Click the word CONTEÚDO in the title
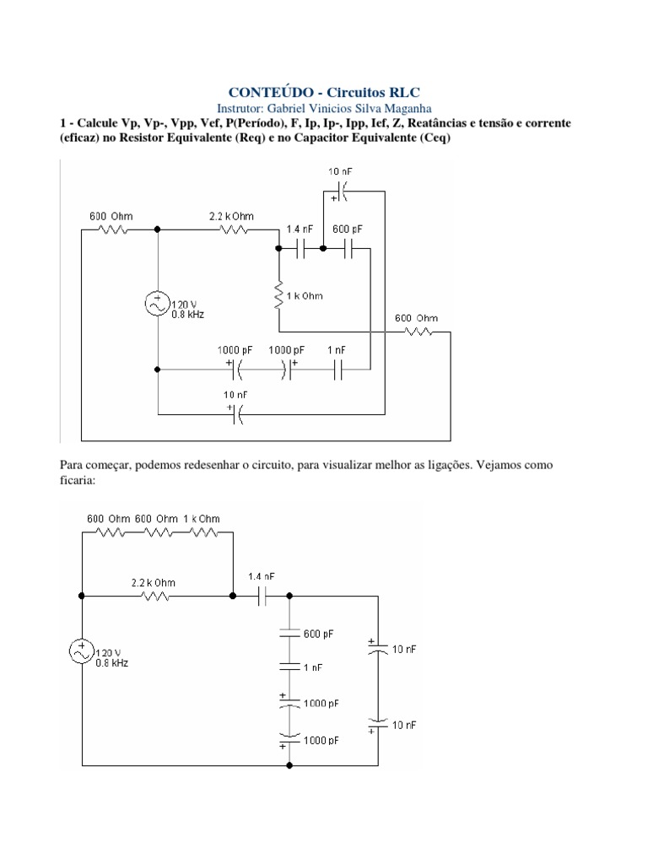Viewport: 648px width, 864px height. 264,92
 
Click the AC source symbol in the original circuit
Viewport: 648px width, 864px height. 158,305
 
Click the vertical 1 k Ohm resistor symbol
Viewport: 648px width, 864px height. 278,297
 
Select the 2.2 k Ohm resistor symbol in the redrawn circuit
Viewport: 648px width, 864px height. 156,596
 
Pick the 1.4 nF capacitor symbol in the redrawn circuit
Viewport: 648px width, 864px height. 262,596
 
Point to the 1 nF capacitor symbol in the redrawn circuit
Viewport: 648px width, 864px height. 290,667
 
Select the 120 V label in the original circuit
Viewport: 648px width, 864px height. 185,304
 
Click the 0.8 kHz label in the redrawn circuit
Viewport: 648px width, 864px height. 112,662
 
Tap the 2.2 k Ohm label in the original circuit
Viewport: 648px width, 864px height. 231,216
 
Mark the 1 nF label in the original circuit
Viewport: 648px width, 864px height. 336,348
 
